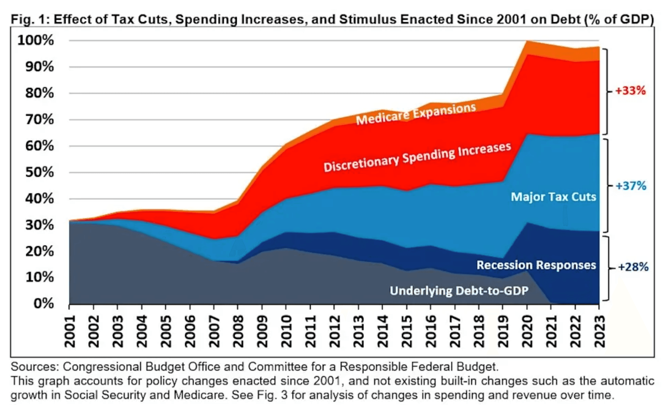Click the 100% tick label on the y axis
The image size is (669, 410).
[36, 41]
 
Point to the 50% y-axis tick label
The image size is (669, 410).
[40, 172]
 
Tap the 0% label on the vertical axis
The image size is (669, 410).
[44, 303]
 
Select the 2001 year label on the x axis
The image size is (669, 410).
[70, 331]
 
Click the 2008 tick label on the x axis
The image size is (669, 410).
[238, 331]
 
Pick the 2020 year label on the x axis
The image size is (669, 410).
[527, 331]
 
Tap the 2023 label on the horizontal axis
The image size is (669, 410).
[600, 331]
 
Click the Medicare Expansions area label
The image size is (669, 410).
[416, 114]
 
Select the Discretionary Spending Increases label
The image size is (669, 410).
[417, 157]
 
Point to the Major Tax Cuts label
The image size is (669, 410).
[553, 197]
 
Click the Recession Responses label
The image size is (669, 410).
[536, 265]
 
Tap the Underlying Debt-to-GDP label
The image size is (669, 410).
[459, 291]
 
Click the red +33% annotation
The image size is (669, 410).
[630, 90]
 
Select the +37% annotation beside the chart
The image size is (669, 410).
[631, 186]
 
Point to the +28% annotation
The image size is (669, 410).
[633, 267]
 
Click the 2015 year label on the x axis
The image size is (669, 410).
[407, 331]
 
